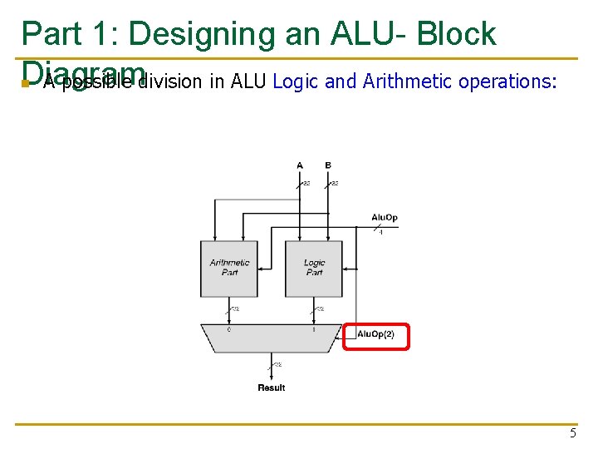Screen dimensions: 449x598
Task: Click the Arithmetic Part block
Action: click(x=229, y=268)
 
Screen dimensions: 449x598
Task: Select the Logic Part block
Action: click(x=314, y=268)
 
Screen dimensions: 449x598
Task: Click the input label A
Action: click(x=300, y=165)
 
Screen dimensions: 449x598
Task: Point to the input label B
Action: click(x=328, y=165)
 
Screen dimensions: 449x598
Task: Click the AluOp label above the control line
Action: click(x=384, y=218)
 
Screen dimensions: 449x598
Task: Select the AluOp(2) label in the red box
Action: click(x=375, y=334)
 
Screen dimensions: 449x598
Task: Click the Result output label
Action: click(x=271, y=387)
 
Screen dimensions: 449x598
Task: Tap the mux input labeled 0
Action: click(x=229, y=329)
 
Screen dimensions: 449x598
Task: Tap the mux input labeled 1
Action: click(x=314, y=329)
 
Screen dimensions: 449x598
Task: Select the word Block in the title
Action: click(x=456, y=34)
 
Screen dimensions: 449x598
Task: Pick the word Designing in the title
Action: click(x=202, y=34)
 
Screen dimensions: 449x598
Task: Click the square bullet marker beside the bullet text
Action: click(x=26, y=84)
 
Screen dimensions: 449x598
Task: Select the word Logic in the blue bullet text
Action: click(x=291, y=81)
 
